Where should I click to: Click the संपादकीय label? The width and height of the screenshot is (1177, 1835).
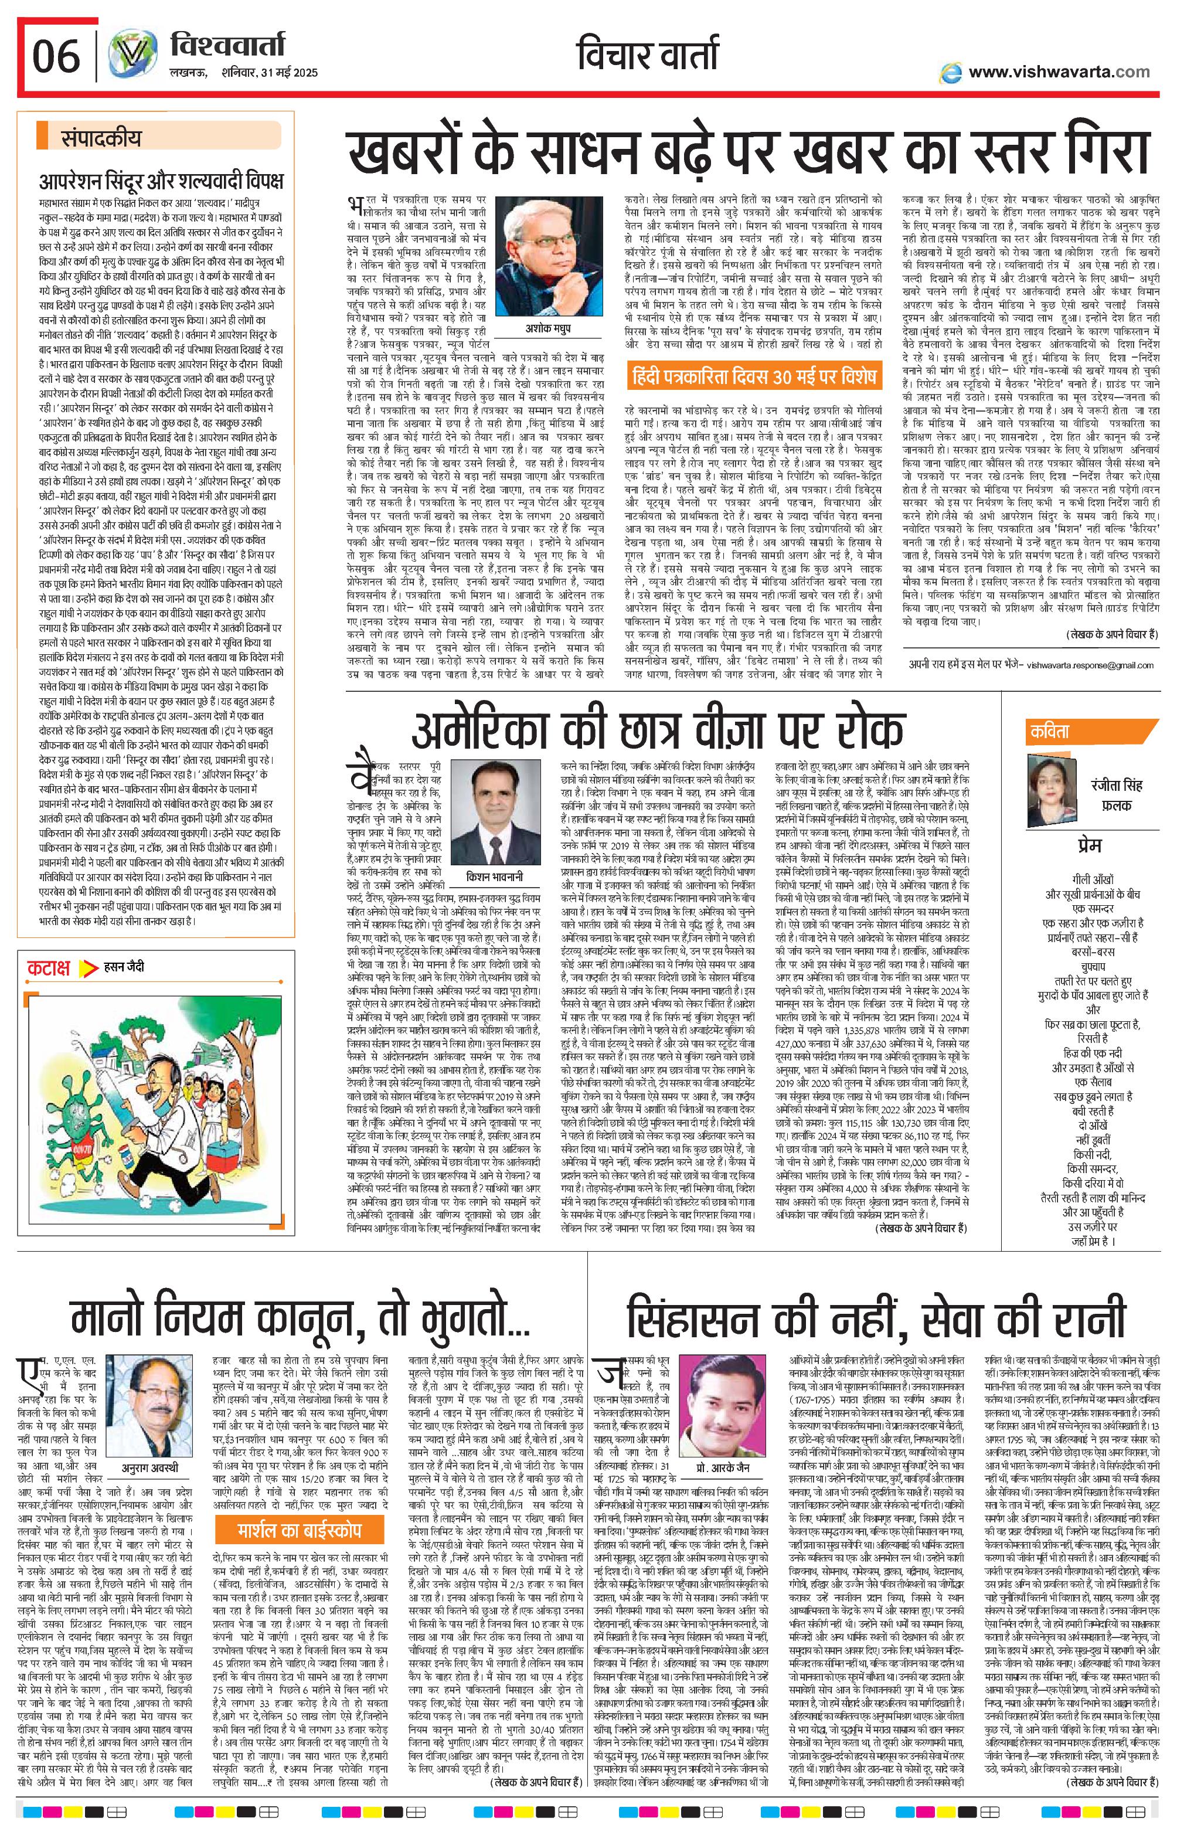tap(101, 139)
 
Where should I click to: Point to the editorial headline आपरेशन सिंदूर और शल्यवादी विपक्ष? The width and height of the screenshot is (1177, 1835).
tap(161, 181)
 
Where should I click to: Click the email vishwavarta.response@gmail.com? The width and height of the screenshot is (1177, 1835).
tap(1090, 665)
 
